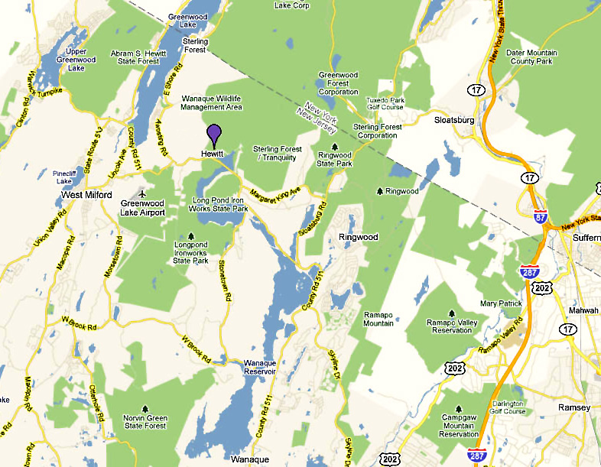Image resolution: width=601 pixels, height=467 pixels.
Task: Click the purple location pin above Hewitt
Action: pos(215,135)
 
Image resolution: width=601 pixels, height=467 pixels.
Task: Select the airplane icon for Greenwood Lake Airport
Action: pos(139,193)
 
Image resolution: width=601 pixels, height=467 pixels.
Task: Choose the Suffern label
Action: pos(586,238)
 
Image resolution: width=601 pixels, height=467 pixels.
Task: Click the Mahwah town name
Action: pos(584,310)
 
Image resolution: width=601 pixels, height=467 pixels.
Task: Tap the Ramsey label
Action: pos(575,407)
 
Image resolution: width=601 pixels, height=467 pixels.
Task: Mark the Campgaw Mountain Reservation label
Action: pos(459,426)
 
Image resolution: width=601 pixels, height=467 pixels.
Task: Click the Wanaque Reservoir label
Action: pos(258,367)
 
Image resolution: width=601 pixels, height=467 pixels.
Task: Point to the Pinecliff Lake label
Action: pos(66,178)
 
